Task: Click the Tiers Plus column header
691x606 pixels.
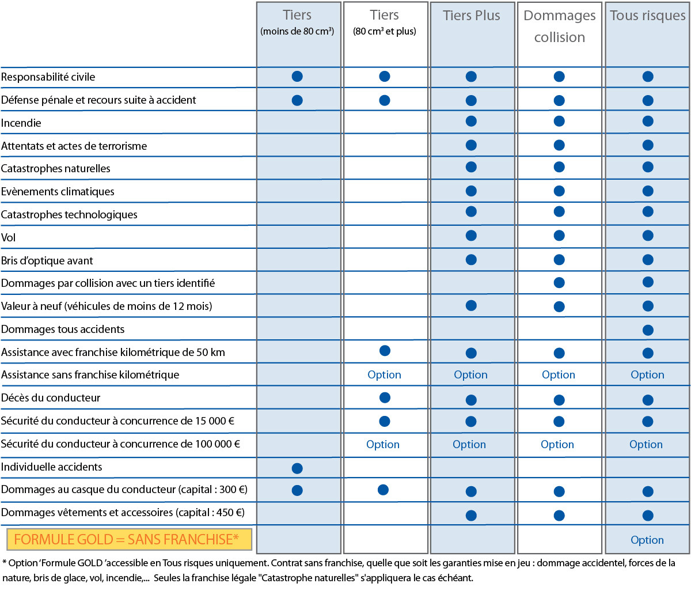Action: coord(472,16)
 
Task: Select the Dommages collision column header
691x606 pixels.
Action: coord(559,26)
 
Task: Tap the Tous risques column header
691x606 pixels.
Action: coord(647,16)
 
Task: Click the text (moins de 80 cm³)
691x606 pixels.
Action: coord(297,31)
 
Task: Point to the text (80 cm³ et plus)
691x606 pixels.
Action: coord(385,31)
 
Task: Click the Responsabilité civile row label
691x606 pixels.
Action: coord(48,77)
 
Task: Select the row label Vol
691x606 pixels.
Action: coord(8,237)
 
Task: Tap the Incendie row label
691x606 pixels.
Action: coord(21,123)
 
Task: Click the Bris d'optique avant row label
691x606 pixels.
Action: coord(47,261)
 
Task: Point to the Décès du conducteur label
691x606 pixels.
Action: coord(51,398)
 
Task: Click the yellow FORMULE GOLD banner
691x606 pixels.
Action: coord(129,539)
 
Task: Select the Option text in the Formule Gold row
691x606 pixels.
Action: coord(647,540)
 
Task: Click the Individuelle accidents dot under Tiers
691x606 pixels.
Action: coord(297,468)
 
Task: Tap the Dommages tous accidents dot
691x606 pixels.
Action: coord(648,330)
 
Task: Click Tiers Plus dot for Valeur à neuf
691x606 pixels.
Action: coord(471,305)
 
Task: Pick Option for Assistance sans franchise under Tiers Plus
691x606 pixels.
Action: coord(470,374)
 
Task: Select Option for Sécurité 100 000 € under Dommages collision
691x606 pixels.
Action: coord(557,444)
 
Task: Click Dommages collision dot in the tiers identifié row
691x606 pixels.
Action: coord(559,282)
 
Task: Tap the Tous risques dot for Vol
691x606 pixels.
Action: coord(648,236)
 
